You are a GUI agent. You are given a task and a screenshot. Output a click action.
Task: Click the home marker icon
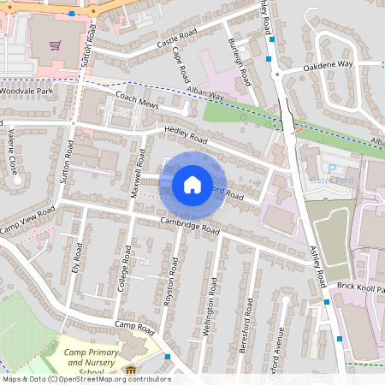pos(192,184)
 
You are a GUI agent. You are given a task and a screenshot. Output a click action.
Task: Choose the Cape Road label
pos(181,64)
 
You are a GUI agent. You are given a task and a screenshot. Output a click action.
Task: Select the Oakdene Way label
pos(329,64)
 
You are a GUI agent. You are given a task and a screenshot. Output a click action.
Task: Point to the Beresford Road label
pos(249,321)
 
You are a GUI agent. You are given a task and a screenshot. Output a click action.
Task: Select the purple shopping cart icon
pos(56,45)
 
